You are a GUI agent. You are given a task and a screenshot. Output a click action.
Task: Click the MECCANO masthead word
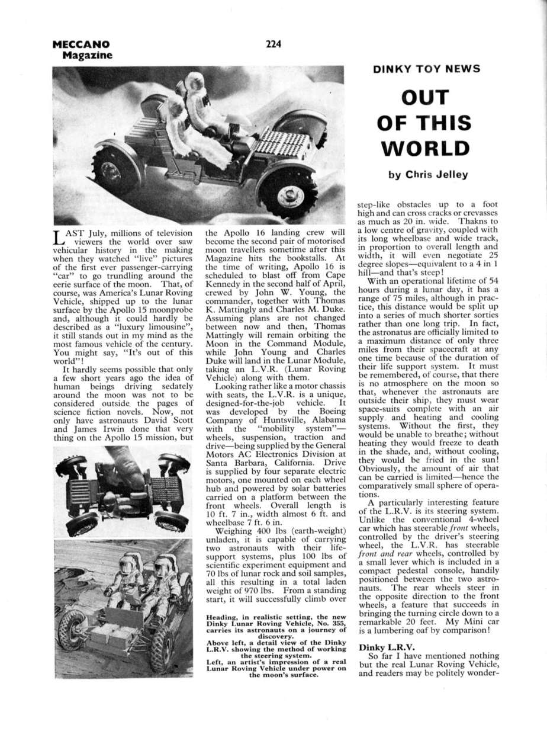[x=81, y=44]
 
